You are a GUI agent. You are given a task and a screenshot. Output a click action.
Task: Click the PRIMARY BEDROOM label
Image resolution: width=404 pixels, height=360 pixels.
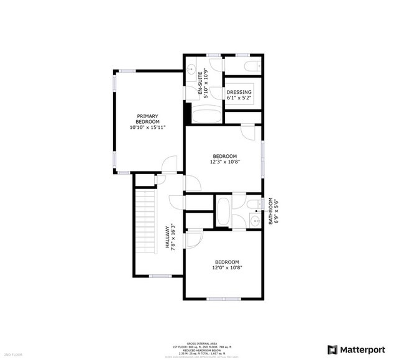coord(148,119)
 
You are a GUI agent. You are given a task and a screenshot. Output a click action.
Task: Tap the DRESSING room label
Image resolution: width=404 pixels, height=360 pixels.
coord(239,92)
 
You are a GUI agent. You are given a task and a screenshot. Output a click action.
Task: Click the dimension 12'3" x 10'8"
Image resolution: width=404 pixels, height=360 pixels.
coord(224,162)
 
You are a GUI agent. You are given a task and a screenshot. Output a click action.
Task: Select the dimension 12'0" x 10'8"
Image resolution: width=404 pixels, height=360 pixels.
coord(227,268)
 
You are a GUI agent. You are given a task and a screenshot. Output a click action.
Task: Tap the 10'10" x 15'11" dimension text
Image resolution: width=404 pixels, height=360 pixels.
coord(148,127)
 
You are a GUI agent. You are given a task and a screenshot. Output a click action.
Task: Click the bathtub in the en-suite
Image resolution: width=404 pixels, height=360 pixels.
coord(204,116)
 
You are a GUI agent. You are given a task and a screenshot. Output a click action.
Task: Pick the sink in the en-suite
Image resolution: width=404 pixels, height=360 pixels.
coord(191,67)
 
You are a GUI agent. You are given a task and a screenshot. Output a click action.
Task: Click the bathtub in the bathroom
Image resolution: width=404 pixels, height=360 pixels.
coord(223,211)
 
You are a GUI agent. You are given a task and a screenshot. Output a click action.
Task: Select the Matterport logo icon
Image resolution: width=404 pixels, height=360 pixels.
coord(333,349)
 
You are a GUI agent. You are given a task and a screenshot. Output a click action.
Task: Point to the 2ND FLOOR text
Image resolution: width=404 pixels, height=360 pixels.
coord(12,354)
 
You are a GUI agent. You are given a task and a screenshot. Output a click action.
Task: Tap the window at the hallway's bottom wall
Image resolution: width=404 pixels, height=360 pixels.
coord(160,275)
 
